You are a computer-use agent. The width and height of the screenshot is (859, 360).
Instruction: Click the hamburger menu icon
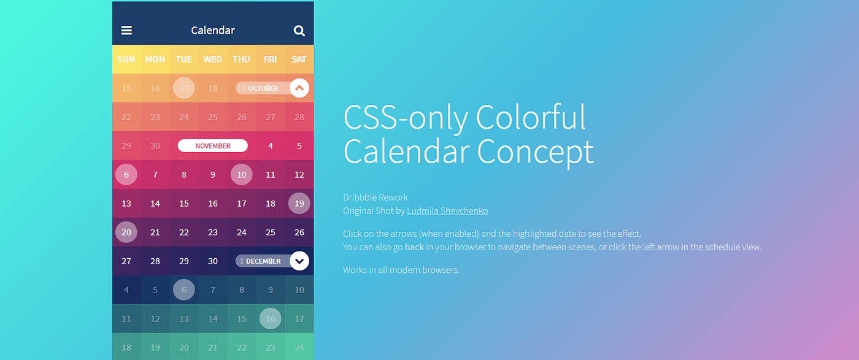[126, 30]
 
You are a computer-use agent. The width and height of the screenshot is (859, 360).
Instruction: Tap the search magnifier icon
[299, 31]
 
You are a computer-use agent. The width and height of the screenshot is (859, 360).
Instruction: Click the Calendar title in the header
[213, 30]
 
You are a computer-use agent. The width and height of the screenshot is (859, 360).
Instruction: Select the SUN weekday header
[126, 59]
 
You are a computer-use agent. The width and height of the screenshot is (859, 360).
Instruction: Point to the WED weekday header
[212, 59]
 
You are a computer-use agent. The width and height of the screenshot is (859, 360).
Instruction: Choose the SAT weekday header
[299, 59]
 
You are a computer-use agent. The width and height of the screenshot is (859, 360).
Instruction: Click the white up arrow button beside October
[299, 88]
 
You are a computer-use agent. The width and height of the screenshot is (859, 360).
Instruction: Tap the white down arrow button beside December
[299, 261]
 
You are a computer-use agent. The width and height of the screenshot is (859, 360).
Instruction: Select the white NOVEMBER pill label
[213, 146]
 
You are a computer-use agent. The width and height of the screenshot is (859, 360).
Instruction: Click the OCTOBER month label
[263, 88]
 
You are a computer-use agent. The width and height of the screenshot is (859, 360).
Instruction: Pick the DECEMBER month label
[263, 261]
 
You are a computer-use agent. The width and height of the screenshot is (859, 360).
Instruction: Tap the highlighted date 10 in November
[242, 175]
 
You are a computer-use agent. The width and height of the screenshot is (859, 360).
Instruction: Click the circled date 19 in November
[299, 204]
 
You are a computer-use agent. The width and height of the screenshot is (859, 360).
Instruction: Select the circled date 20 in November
[126, 232]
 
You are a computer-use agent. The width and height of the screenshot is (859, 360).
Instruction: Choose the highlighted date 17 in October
[184, 88]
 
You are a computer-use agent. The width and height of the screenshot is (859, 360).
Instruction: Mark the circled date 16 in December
[271, 318]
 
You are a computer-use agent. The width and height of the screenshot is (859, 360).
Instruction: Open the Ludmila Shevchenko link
[447, 211]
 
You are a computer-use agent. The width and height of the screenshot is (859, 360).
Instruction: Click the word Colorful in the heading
[531, 117]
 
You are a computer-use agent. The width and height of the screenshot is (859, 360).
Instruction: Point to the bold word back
[414, 247]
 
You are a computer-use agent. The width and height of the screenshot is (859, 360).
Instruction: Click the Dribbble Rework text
[376, 197]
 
